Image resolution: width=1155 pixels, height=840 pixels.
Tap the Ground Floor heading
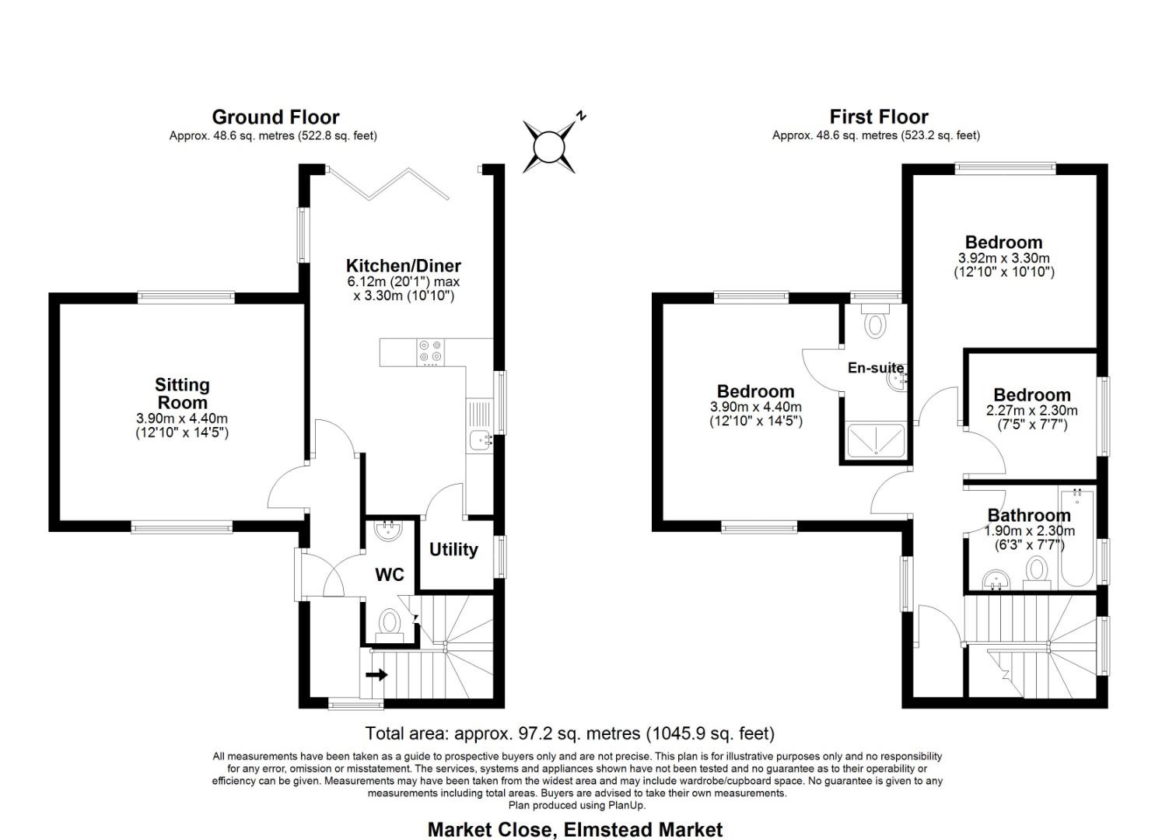(x=275, y=117)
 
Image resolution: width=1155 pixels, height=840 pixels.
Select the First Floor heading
(x=878, y=117)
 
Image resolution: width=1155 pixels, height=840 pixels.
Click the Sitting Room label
(x=182, y=394)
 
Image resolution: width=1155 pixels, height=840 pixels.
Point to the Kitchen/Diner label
(x=403, y=266)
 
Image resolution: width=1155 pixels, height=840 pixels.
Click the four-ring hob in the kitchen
(x=430, y=352)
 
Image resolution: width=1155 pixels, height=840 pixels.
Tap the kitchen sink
(x=480, y=440)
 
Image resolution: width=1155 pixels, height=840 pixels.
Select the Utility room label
(x=453, y=550)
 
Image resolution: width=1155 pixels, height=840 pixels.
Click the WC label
(x=390, y=575)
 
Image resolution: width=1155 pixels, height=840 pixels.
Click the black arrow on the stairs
(x=376, y=674)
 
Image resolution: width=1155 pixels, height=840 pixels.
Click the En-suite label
(x=875, y=368)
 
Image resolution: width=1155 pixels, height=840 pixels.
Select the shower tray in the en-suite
(x=875, y=440)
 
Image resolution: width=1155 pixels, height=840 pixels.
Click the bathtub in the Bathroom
(x=1077, y=537)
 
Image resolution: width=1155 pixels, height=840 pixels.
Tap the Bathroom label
(x=1028, y=516)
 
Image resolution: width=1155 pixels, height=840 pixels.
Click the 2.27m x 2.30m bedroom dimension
(x=1031, y=411)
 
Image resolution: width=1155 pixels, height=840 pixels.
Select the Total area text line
(x=569, y=733)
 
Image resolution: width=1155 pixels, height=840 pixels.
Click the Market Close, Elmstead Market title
(x=575, y=830)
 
